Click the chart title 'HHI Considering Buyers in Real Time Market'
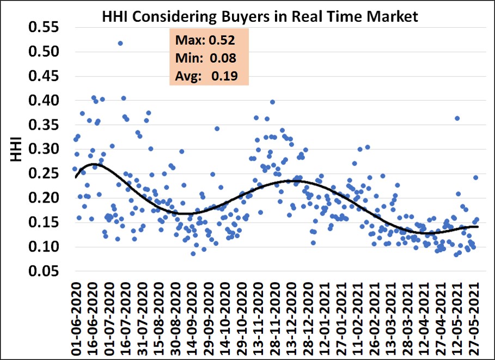[x=260, y=17]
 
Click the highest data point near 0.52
[x=120, y=43]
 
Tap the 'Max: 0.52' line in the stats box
[x=206, y=40]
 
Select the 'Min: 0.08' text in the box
[x=205, y=57]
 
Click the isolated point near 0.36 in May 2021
[x=457, y=118]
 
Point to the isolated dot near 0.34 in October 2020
[x=217, y=129]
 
